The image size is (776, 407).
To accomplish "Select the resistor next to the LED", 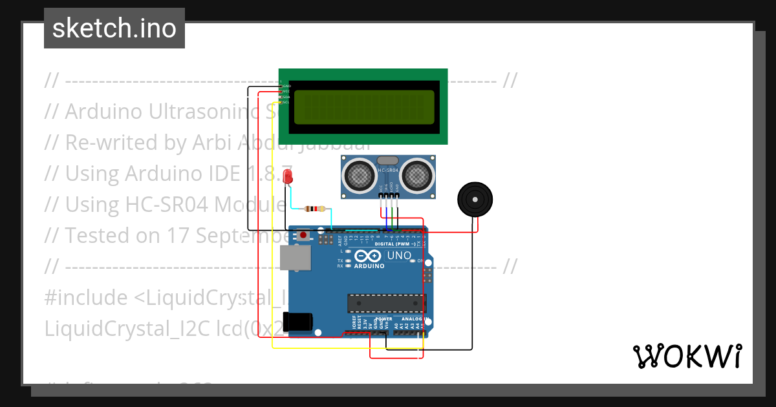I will [x=314, y=209].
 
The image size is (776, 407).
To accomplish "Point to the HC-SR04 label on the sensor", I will [x=388, y=171].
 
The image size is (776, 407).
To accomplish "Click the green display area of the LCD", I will [x=364, y=107].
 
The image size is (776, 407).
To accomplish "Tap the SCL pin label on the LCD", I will [x=286, y=102].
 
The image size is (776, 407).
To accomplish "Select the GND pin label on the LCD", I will [x=286, y=86].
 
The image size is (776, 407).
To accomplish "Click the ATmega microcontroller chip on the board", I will [x=386, y=302].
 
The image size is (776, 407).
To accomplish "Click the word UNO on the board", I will [x=399, y=256].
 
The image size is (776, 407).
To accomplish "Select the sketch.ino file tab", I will [x=114, y=28].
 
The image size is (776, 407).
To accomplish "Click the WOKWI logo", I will [x=687, y=356].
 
